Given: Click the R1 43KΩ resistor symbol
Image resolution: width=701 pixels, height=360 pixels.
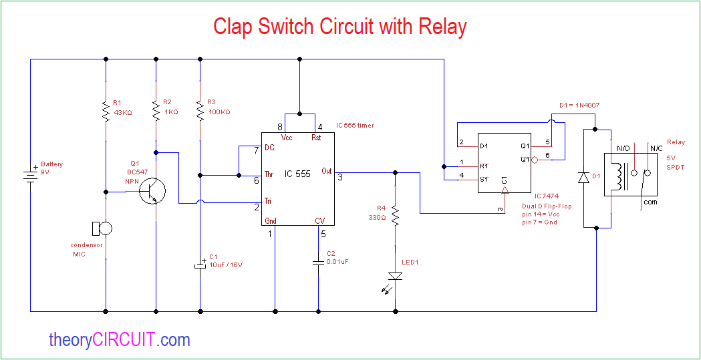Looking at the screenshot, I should (106, 112).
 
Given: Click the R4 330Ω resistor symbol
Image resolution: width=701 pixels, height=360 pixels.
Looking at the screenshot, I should (396, 216).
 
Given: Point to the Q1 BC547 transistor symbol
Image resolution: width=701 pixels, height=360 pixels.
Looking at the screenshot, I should (152, 192).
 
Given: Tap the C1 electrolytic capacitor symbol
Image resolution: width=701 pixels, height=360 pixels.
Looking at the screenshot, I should (200, 264).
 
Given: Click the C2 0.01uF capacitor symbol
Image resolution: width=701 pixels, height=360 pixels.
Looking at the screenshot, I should (318, 262).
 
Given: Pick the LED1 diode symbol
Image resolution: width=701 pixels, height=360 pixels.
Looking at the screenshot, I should (396, 276).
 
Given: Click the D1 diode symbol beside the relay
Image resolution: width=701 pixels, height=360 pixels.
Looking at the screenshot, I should (584, 177).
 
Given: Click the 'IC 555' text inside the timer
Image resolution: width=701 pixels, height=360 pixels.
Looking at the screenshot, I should (297, 174).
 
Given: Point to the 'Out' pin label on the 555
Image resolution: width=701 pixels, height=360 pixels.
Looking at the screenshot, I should (326, 170).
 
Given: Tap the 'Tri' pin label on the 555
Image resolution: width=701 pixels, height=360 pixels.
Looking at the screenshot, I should (270, 200).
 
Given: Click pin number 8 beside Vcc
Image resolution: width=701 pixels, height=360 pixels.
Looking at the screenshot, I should (280, 128).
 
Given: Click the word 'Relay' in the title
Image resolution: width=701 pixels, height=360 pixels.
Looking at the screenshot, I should (442, 27).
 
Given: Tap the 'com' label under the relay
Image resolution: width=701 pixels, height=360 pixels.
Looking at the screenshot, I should (650, 201).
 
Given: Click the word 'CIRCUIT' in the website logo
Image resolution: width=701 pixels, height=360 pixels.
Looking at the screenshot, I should (124, 340).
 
